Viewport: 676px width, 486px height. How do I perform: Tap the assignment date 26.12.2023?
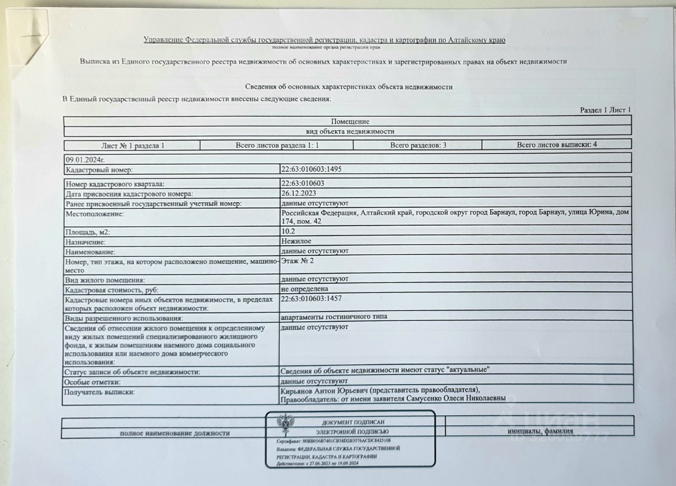(299, 193)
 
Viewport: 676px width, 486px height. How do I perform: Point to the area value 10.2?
(288, 231)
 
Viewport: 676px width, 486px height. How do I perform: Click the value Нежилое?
(296, 241)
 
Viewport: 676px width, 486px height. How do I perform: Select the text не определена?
(305, 289)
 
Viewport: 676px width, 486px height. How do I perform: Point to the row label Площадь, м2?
(88, 232)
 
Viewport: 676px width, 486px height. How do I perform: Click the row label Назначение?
(86, 242)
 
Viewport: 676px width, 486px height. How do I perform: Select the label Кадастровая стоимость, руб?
(111, 289)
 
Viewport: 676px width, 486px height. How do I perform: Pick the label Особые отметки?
(92, 381)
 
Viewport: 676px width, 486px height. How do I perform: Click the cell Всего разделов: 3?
(418, 145)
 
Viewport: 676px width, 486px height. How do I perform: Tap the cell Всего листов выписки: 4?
(557, 144)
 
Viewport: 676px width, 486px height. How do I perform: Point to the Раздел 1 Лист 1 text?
(605, 110)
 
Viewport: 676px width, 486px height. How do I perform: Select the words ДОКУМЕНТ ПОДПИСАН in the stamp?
(353, 422)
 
